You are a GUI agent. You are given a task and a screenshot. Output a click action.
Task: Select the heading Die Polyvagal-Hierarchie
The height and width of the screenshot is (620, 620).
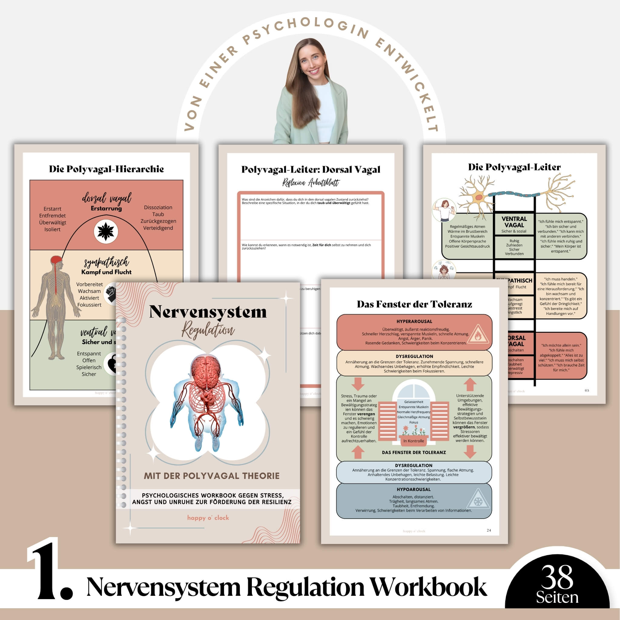(x=106, y=169)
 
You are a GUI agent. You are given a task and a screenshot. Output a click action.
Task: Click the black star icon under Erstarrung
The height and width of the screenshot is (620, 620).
(x=106, y=231)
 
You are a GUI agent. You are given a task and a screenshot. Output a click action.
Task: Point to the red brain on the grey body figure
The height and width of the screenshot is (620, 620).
(x=57, y=261)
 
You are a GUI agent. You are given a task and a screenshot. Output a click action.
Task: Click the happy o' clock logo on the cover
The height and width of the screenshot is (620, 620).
(x=208, y=518)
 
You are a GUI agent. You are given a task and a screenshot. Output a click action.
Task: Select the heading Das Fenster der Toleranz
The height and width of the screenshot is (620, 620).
(x=414, y=304)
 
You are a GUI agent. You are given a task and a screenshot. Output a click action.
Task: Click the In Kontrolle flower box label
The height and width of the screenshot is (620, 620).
(x=414, y=441)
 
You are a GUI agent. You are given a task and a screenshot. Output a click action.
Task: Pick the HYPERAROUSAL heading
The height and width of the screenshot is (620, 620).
(x=414, y=321)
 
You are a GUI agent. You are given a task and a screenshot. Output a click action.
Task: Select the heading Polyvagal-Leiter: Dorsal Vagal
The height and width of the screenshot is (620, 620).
(x=311, y=170)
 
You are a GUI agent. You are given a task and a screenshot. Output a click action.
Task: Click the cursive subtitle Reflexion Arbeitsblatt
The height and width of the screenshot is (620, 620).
(x=311, y=183)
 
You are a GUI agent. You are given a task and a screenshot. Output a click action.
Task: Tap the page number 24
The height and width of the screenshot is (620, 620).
(x=489, y=530)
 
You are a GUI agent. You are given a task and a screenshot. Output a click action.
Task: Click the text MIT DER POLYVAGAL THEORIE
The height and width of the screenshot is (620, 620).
(x=212, y=476)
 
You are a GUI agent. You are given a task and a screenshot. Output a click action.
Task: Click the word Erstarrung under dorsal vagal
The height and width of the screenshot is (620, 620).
(x=106, y=208)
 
